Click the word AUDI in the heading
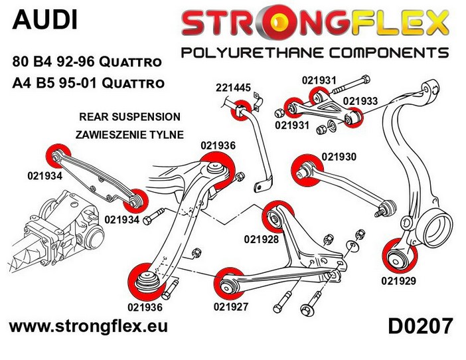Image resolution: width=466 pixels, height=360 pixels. tap(44, 19)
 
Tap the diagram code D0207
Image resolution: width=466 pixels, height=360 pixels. tap(420, 326)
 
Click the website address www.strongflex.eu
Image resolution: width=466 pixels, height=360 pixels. tap(87, 327)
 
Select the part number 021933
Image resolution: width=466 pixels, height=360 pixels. tap(360, 102)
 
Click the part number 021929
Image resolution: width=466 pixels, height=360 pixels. tap(398, 280)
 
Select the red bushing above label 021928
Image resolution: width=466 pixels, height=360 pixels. tap(273, 216)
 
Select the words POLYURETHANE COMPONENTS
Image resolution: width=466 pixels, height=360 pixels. tap(315, 52)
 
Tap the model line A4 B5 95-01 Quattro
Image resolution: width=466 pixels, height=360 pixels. tap(87, 83)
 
